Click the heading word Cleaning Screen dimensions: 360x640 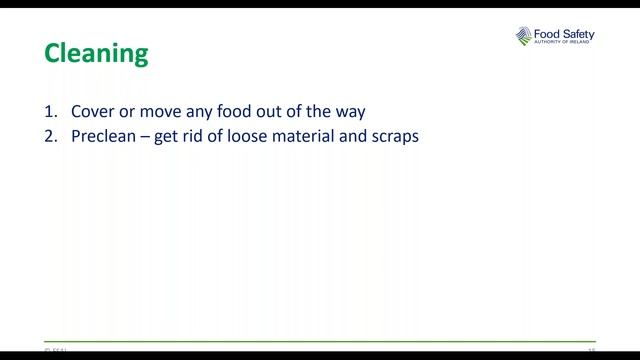96,52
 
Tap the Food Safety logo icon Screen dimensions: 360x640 526,37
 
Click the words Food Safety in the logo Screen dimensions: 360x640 567,32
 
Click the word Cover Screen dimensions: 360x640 92,111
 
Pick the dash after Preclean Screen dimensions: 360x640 146,136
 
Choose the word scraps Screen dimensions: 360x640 394,137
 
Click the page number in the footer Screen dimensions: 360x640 591,350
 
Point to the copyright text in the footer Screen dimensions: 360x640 55,350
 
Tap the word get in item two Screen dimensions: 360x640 165,137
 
